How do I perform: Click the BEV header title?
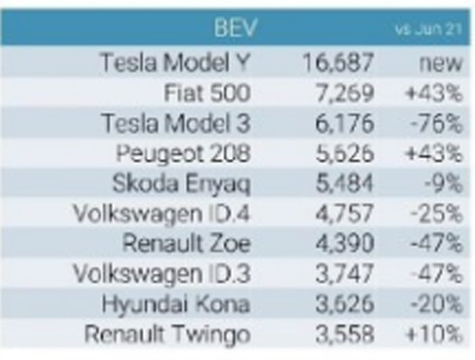click(235, 28)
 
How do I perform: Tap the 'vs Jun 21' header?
click(428, 29)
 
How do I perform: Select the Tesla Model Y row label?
click(175, 62)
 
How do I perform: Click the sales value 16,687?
click(338, 62)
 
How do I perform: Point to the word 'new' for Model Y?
click(440, 63)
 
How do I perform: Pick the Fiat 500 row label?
click(208, 93)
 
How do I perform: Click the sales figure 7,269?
click(344, 93)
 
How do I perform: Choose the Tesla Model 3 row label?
click(177, 123)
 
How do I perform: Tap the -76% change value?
click(437, 123)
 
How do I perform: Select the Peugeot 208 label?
click(183, 154)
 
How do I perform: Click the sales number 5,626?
click(344, 154)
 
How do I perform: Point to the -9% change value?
click(444, 183)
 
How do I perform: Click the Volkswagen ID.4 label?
click(162, 213)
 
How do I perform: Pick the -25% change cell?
click(437, 214)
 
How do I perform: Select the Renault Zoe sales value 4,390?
click(344, 244)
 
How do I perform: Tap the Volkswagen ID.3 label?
click(162, 273)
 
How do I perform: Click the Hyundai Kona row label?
click(176, 305)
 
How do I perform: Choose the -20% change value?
click(437, 304)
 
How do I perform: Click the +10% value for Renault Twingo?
click(434, 334)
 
